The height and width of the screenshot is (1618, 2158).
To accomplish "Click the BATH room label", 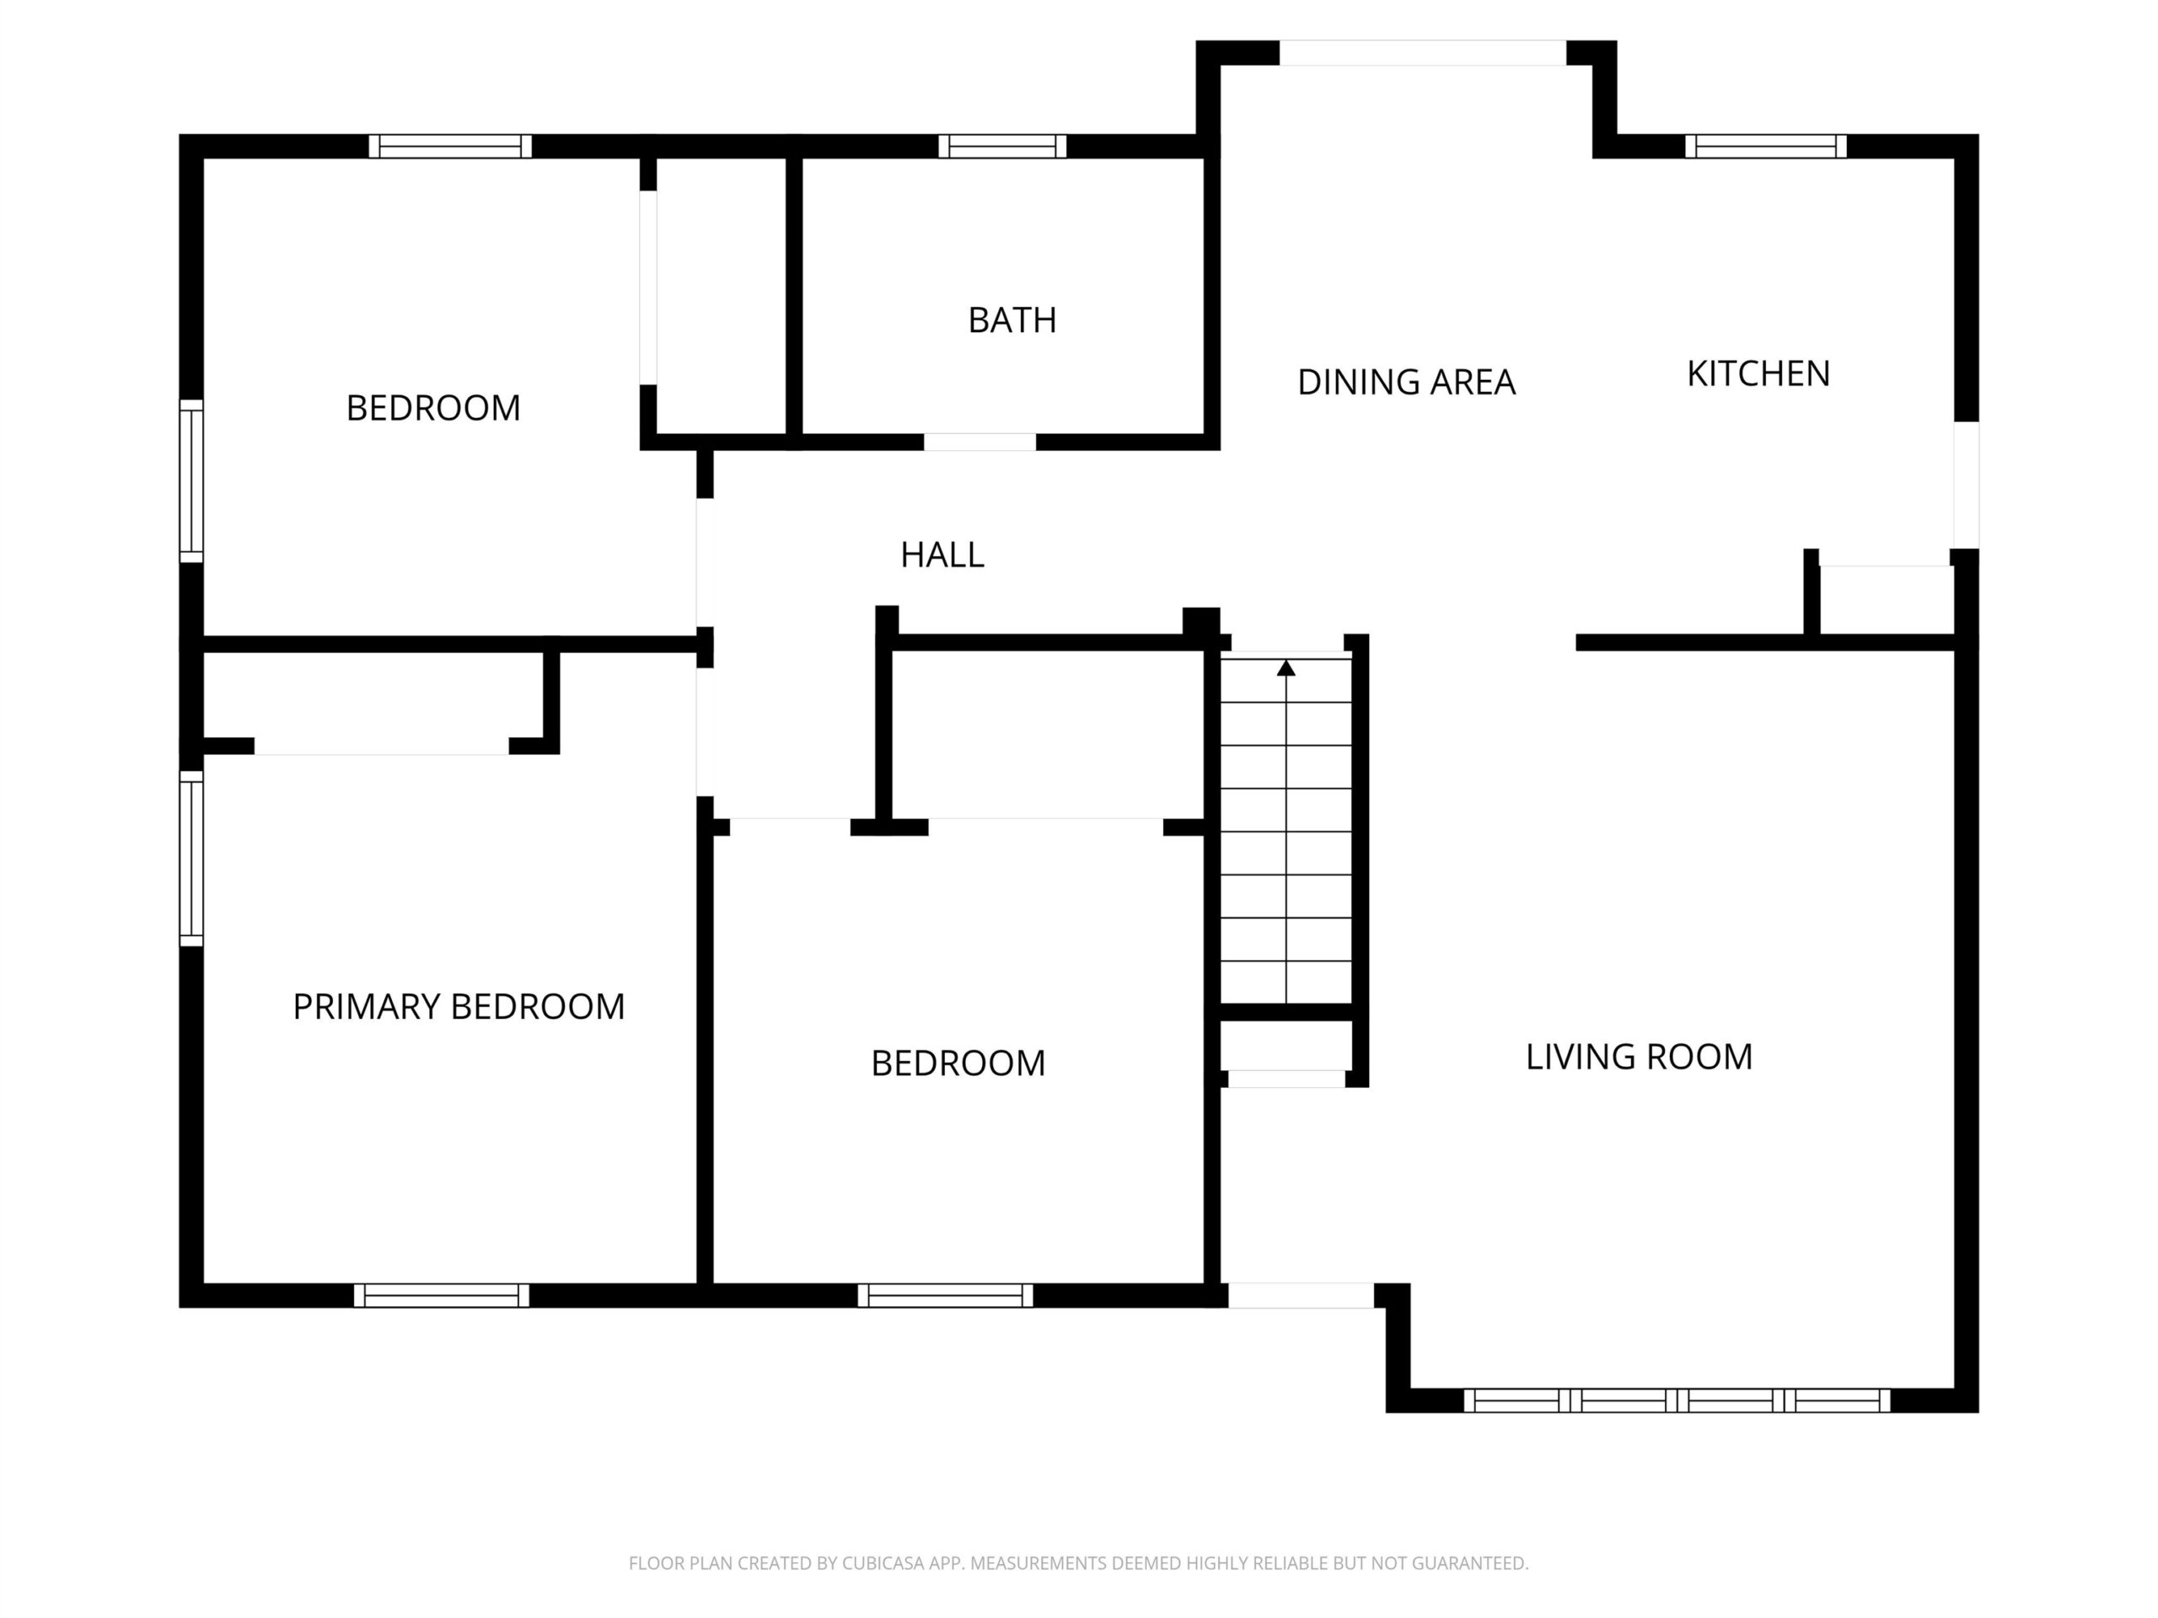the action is click(x=1012, y=320).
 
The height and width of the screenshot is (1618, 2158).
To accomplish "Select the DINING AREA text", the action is click(x=1406, y=383).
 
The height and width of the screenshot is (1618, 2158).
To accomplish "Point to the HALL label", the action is click(x=942, y=555).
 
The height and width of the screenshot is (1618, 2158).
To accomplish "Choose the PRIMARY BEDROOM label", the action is click(x=459, y=1006).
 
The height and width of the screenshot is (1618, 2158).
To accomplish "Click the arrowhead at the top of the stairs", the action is click(x=1286, y=668).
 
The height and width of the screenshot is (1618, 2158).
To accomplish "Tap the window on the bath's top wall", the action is click(x=1002, y=147).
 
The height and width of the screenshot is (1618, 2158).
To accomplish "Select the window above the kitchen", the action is click(x=1766, y=147).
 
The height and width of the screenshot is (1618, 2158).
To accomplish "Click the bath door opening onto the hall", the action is click(x=980, y=442).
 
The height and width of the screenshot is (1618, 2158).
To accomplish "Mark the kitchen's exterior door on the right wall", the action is click(x=1966, y=485).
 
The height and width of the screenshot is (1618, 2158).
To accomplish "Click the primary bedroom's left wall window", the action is click(x=191, y=858).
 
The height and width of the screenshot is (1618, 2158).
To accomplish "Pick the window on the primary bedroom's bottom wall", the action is click(x=441, y=1295).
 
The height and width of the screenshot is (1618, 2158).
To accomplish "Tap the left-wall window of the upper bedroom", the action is click(x=191, y=481).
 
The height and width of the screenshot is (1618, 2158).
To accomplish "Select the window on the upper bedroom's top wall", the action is click(x=450, y=147).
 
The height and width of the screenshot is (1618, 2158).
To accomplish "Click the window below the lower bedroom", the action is click(x=945, y=1295).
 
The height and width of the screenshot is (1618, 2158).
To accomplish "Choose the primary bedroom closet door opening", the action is click(x=382, y=746).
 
